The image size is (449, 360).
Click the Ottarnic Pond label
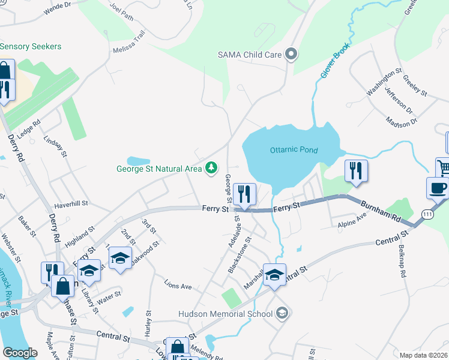click(293, 149)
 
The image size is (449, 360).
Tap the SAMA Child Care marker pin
click(292, 55)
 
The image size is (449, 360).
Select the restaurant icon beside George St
click(245, 194)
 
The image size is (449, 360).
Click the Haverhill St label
click(71, 204)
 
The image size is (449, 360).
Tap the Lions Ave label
click(178, 287)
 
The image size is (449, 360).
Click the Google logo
click(20, 353)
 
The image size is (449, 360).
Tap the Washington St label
click(384, 82)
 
